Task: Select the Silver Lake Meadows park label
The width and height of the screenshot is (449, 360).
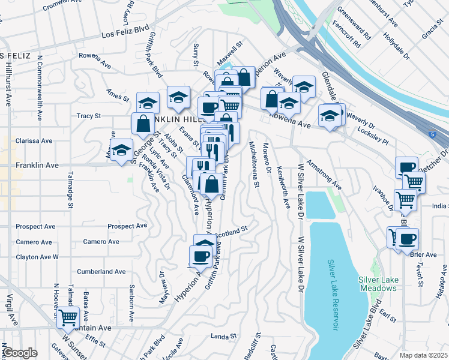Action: click(x=378, y=284)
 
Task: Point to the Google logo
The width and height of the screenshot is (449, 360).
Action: click(x=19, y=353)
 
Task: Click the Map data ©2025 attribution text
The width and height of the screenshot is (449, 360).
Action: click(x=423, y=355)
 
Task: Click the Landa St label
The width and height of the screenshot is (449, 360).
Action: click(x=223, y=337)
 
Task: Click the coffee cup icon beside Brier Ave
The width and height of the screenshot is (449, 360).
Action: click(x=407, y=239)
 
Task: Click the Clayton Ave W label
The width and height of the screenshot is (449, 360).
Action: click(x=37, y=257)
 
